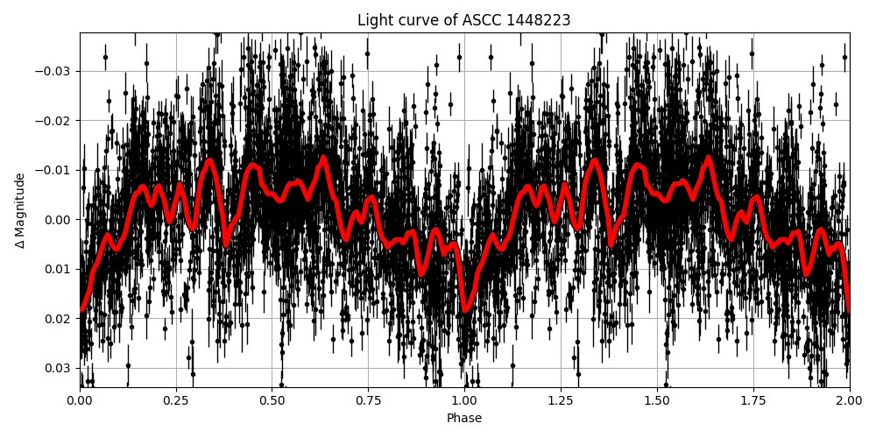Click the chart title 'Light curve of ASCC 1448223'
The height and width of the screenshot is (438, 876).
pos(463,20)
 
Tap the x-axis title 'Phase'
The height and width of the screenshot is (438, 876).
pos(464,419)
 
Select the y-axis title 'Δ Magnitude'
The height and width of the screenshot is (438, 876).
pos(20,210)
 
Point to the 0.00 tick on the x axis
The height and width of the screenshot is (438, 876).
pos(80,400)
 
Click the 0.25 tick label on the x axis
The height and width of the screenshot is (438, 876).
pos(176,400)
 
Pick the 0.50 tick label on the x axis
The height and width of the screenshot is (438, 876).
pos(272,400)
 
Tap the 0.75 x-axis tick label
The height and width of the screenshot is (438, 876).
pos(368,400)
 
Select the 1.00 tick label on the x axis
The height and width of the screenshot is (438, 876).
pos(464,400)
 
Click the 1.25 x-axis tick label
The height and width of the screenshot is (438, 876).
pos(561,400)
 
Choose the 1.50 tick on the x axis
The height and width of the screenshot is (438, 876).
pos(657,400)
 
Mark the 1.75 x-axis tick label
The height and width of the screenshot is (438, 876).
pos(753,400)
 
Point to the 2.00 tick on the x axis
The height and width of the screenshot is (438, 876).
pos(849,400)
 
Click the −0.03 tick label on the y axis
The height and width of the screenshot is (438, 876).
pos(54,71)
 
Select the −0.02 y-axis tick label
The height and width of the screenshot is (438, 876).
pos(54,120)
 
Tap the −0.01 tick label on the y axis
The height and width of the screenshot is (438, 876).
pos(54,170)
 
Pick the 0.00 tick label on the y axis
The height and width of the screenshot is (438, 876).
pos(59,219)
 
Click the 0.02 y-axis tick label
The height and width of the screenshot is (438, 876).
pos(59,318)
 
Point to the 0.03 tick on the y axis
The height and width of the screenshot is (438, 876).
pos(59,367)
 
